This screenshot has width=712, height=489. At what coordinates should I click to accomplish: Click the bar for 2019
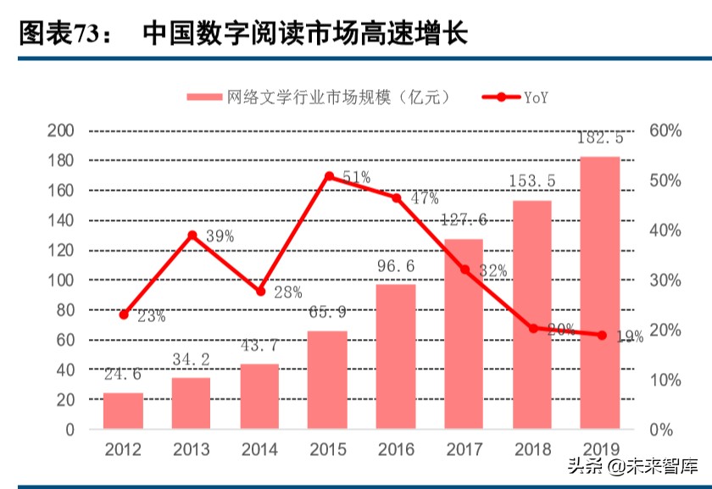pos(600,292)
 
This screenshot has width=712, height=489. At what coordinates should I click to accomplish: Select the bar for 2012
pos(124,411)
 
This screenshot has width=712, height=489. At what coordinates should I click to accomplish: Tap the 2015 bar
pos(328,380)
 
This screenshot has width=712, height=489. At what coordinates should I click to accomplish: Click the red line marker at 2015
pos(329,176)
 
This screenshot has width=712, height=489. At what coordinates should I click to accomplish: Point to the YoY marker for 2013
pos(192,235)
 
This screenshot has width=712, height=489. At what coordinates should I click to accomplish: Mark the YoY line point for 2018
pos(533,328)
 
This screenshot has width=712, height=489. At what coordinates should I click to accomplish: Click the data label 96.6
pos(396,267)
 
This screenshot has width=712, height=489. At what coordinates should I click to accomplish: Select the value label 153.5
pos(531,181)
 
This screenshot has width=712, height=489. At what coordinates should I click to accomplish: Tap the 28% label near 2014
pos(287,292)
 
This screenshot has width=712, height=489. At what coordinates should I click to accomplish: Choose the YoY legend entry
pos(516,97)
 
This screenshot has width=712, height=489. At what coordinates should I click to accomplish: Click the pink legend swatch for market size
pos(203,97)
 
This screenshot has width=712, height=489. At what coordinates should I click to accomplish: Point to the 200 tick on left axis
pos(62,131)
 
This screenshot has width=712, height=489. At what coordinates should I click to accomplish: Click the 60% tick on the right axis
pos(666,131)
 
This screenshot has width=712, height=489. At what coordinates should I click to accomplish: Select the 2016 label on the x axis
pos(395,448)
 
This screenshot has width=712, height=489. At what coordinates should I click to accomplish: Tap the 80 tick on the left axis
pos(66,310)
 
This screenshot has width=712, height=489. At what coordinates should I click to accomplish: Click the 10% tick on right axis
pos(666,380)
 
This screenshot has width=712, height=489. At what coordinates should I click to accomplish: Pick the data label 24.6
pos(124,375)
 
